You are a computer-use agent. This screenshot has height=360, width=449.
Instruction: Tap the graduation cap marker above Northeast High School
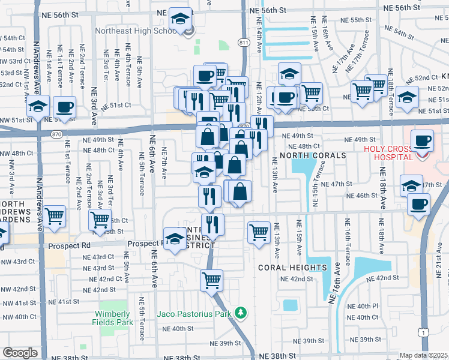tap(180, 19)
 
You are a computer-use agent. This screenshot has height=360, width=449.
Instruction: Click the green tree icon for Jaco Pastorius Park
tap(241, 313)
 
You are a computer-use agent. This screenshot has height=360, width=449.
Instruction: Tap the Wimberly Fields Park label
tap(112, 318)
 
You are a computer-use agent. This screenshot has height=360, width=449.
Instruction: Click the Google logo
tap(20, 353)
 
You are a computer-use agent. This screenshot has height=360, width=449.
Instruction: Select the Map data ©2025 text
tap(423, 355)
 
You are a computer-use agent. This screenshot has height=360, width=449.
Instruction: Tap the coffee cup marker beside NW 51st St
tap(64, 108)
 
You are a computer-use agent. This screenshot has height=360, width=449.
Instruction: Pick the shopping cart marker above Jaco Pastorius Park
tap(211, 280)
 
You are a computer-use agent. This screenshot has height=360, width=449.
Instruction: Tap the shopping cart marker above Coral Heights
tap(259, 231)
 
